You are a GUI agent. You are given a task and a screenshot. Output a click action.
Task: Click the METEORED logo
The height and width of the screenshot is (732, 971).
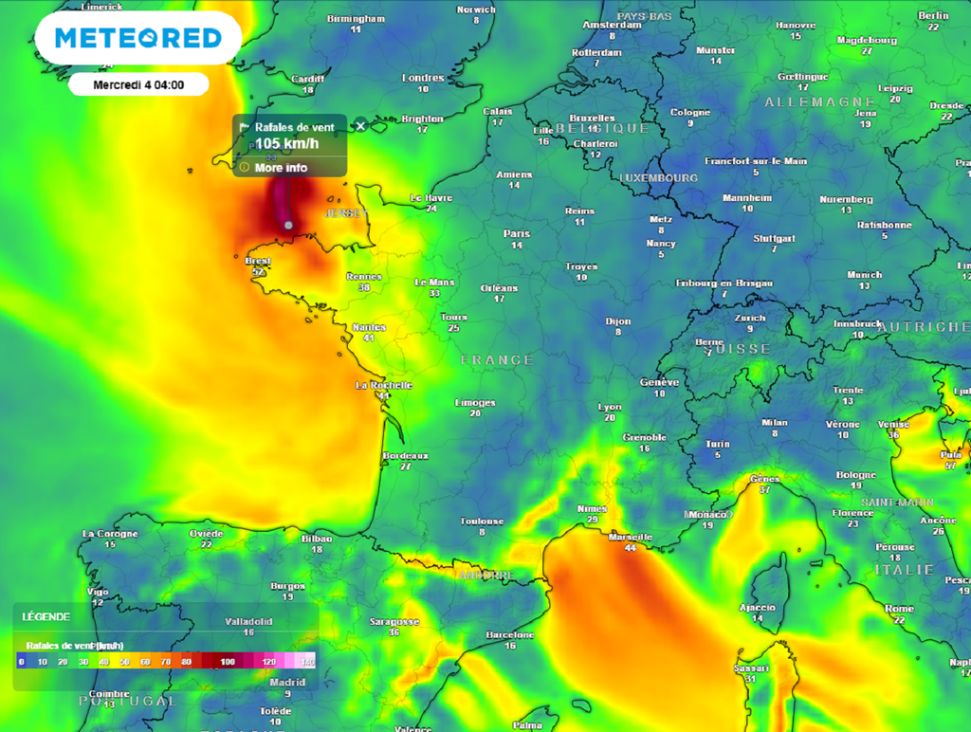(138, 38)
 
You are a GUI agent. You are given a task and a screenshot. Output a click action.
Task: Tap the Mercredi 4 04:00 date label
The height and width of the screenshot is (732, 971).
(138, 84)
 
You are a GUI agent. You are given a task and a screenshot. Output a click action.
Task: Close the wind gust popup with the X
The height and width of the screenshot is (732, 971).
(360, 126)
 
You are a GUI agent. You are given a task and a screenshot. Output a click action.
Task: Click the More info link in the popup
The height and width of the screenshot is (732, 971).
(281, 168)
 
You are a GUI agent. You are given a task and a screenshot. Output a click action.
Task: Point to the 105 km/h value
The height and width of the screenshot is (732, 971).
(286, 144)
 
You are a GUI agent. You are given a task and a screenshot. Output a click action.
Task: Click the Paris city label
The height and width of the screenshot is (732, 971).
(517, 233)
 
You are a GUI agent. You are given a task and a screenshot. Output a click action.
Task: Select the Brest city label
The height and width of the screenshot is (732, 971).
(258, 261)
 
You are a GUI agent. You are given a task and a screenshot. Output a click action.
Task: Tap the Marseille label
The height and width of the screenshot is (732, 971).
(631, 537)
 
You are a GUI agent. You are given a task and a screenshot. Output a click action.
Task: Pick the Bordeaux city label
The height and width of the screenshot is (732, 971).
(405, 456)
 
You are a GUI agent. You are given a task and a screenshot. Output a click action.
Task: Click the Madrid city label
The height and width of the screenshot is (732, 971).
(287, 682)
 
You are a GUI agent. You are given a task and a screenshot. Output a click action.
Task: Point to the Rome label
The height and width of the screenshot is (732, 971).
(899, 609)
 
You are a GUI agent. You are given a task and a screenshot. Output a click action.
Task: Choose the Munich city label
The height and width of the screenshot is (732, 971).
(864, 275)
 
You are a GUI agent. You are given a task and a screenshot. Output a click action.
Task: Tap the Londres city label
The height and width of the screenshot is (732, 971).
(423, 78)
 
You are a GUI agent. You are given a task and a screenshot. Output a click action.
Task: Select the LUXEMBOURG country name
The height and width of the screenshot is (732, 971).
(658, 177)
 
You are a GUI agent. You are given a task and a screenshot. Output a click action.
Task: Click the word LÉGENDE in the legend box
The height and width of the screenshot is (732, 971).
(46, 616)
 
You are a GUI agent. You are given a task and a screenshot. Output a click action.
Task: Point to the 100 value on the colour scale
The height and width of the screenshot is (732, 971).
(228, 661)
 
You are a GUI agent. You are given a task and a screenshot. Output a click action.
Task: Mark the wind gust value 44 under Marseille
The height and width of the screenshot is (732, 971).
(630, 548)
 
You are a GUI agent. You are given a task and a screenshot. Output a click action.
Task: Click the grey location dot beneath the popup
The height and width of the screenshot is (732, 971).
(288, 225)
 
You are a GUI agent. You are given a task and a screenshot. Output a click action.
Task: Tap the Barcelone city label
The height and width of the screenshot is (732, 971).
(510, 634)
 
